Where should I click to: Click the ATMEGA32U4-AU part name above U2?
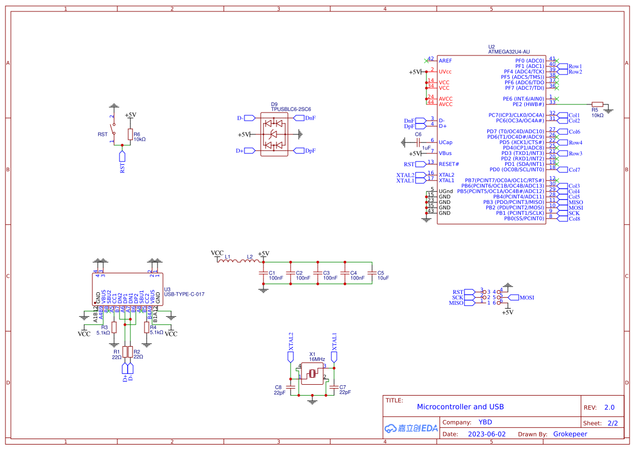point(508,52)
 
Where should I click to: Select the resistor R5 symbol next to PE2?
point(597,104)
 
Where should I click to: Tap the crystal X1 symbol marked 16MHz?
point(312,374)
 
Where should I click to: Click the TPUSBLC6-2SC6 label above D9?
point(291,109)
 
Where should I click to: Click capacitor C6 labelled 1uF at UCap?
point(418,142)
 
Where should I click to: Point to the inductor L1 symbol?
point(228,261)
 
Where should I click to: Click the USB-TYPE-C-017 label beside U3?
point(184,294)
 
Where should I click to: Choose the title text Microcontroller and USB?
point(460,407)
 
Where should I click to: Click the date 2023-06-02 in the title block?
point(486,434)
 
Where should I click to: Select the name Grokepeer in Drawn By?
point(570,434)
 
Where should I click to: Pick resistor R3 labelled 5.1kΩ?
point(114,327)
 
